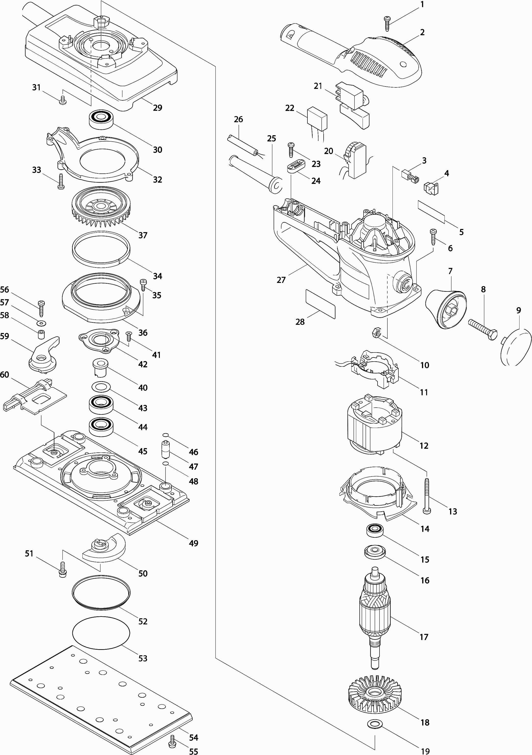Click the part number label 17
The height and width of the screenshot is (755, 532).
coord(424,637)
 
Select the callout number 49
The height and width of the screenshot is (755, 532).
coord(193,544)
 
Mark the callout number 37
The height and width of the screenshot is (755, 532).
coord(142,235)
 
